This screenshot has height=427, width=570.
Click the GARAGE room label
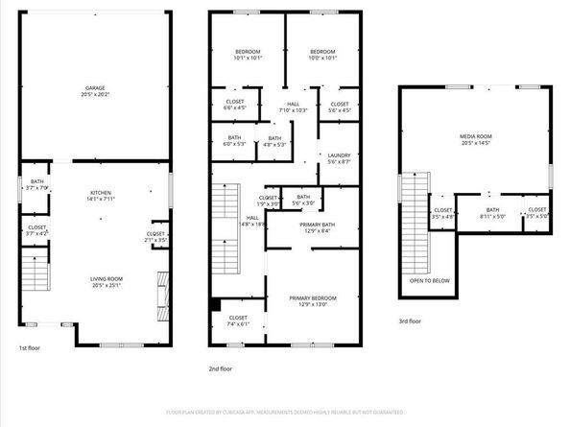coord(94,87)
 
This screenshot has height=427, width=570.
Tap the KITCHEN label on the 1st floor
coord(94,192)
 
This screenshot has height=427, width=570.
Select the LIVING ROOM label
coord(94,278)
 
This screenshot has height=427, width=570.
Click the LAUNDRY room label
coord(339,155)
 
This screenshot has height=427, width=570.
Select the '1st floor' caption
coord(30,348)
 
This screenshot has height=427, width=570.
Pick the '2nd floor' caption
coord(220,368)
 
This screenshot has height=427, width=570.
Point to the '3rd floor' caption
coord(410,321)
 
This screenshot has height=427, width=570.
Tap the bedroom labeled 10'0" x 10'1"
coord(321,55)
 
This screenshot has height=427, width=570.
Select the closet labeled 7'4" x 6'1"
coord(238,320)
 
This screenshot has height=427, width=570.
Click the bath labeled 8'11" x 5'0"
coord(491,213)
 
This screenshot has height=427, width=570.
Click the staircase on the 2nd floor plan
coord(224,203)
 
